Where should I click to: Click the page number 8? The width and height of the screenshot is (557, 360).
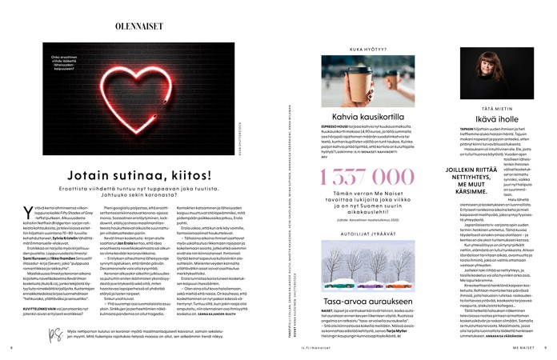pyautogui.click(x=12, y=348)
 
